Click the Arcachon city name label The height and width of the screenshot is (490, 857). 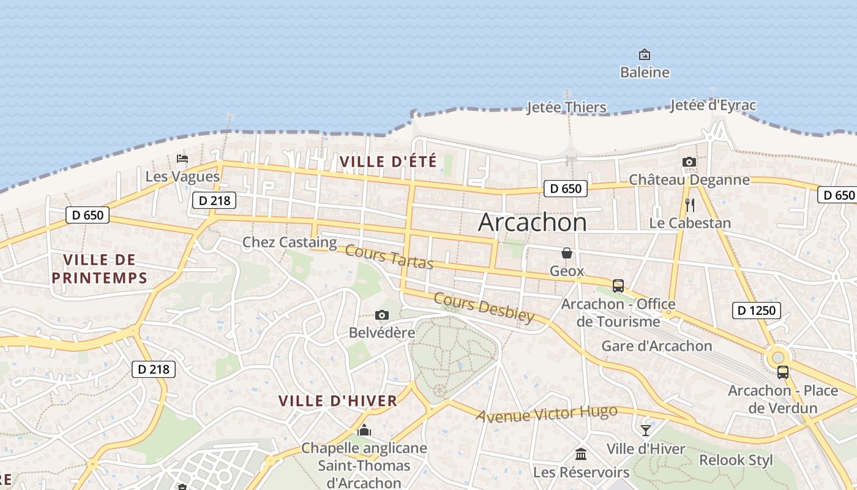click(532, 222)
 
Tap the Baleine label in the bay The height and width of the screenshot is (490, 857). click(645, 72)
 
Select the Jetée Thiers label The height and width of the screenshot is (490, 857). click(566, 107)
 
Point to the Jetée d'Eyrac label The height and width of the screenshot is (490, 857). click(713, 105)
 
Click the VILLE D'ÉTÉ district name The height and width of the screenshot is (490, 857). click(388, 162)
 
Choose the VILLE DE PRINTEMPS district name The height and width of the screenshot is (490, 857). click(99, 268)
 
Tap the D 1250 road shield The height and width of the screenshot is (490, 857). click(756, 311)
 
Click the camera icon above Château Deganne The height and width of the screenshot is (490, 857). click(689, 162)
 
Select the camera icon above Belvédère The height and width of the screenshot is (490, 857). click(382, 315)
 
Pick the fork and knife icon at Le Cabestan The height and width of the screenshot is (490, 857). click(690, 205)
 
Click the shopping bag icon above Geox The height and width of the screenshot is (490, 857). click(567, 253)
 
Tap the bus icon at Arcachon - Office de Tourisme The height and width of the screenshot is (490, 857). click(618, 286)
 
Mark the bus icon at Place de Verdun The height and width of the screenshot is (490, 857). click(783, 372)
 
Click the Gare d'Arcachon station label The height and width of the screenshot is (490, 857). click(657, 346)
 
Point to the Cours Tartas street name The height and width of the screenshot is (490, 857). click(389, 256)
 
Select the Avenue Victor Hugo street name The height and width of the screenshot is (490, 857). click(547, 415)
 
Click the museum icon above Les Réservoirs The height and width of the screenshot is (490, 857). click(581, 454)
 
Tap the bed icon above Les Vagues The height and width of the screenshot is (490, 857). click(182, 159)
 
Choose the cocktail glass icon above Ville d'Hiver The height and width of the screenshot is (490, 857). click(646, 431)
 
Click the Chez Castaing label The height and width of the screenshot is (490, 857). click(290, 242)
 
